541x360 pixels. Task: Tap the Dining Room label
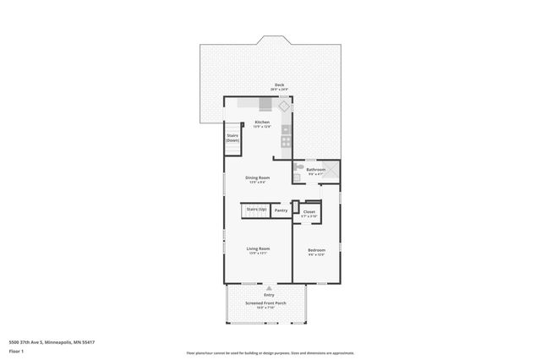pyautogui.click(x=257, y=177)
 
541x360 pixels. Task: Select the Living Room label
pyautogui.click(x=257, y=248)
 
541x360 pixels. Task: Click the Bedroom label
pyautogui.click(x=316, y=250)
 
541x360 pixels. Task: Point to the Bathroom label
pyautogui.click(x=315, y=169)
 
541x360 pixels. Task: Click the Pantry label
pyautogui.click(x=281, y=210)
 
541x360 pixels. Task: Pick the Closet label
pyautogui.click(x=309, y=211)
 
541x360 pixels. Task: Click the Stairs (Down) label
pyautogui.click(x=232, y=137)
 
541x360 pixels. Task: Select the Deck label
pyautogui.click(x=279, y=85)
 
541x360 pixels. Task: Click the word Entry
pyautogui.click(x=269, y=295)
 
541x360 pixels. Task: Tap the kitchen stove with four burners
pyautogui.click(x=287, y=142)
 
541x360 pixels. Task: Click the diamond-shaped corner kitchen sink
pyautogui.click(x=284, y=107)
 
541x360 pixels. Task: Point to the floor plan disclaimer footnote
pyautogui.click(x=270, y=353)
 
